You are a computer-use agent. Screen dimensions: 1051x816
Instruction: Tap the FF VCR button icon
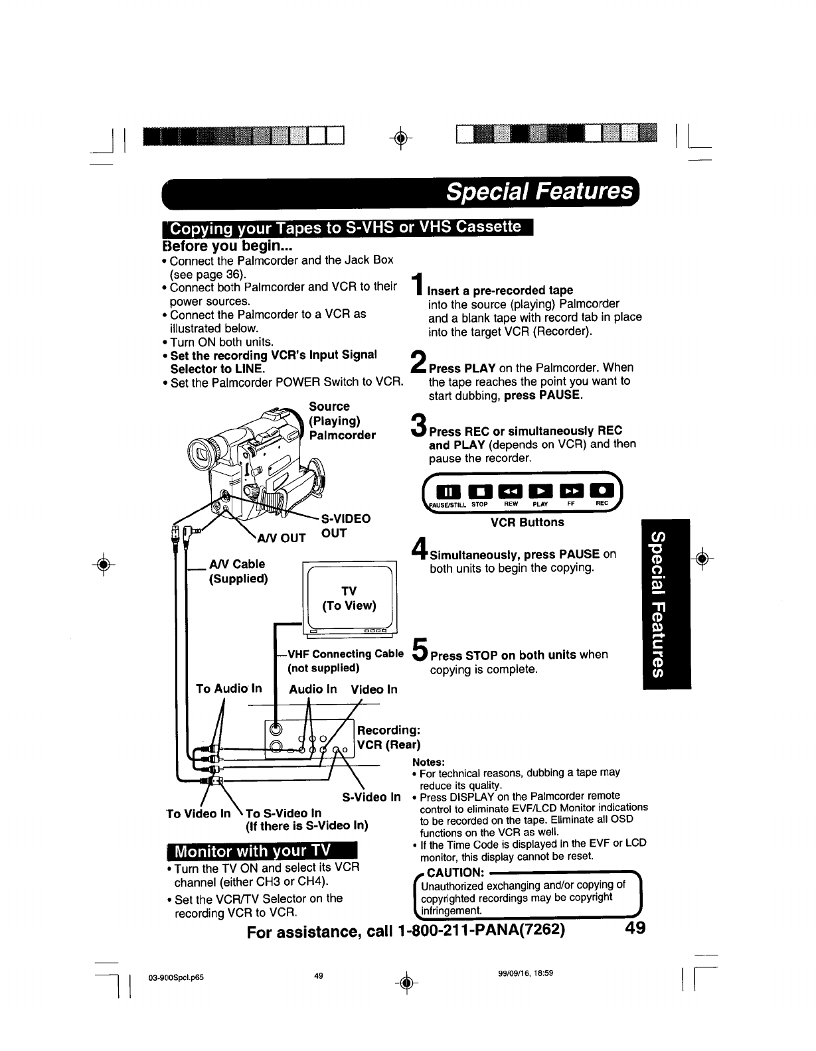[571, 491]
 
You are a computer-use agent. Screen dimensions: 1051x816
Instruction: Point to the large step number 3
[419, 425]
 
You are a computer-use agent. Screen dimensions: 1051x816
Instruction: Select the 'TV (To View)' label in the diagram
[349, 598]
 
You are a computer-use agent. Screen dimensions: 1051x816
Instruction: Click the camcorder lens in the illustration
[199, 455]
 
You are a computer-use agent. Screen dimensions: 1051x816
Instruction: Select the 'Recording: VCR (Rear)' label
[389, 737]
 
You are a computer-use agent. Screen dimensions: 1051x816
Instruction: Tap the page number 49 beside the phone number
[635, 928]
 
